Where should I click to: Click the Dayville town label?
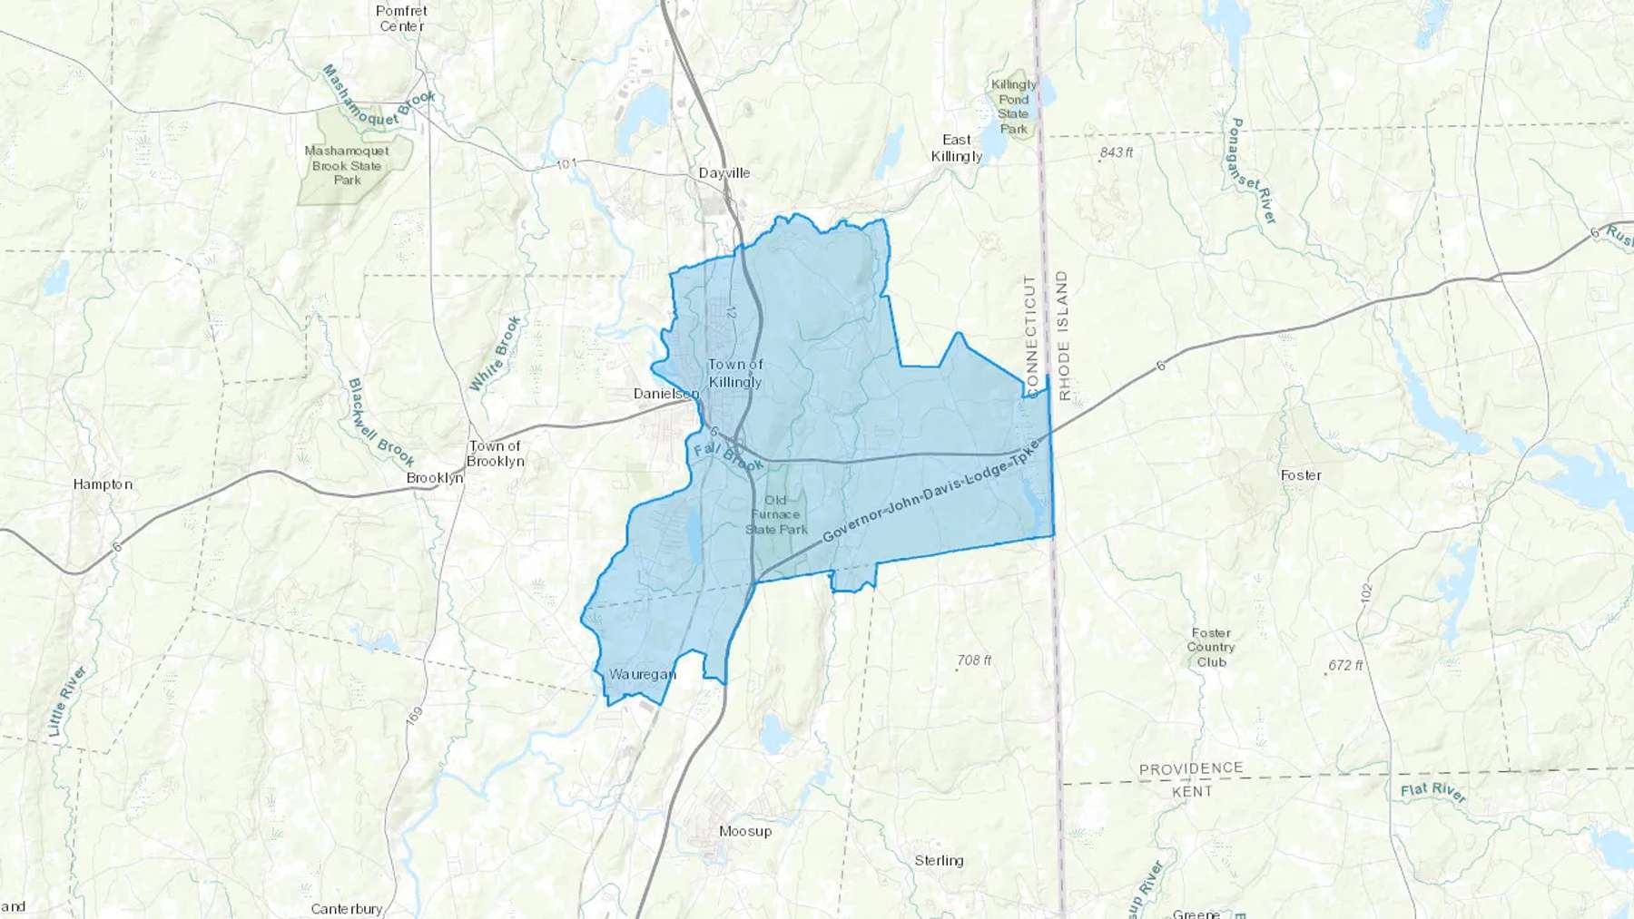point(724,173)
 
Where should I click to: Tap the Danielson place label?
point(666,394)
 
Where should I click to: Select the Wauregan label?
point(643,674)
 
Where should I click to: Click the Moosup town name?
point(745,831)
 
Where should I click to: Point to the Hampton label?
point(103,484)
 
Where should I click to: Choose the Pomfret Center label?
point(401,18)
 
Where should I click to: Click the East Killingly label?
point(957,148)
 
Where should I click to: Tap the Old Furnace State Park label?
point(776,514)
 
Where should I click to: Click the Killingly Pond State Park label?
point(1013,106)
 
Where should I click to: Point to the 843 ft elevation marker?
point(1116,152)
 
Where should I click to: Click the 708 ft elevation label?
point(974,660)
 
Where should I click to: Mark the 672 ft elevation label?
point(1344,665)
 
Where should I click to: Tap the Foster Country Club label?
point(1211,648)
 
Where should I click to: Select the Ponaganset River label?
point(1253,171)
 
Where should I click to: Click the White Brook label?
point(496,353)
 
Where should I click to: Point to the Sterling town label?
point(939,861)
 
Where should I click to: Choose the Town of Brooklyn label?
point(495,454)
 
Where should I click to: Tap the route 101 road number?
point(566,164)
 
